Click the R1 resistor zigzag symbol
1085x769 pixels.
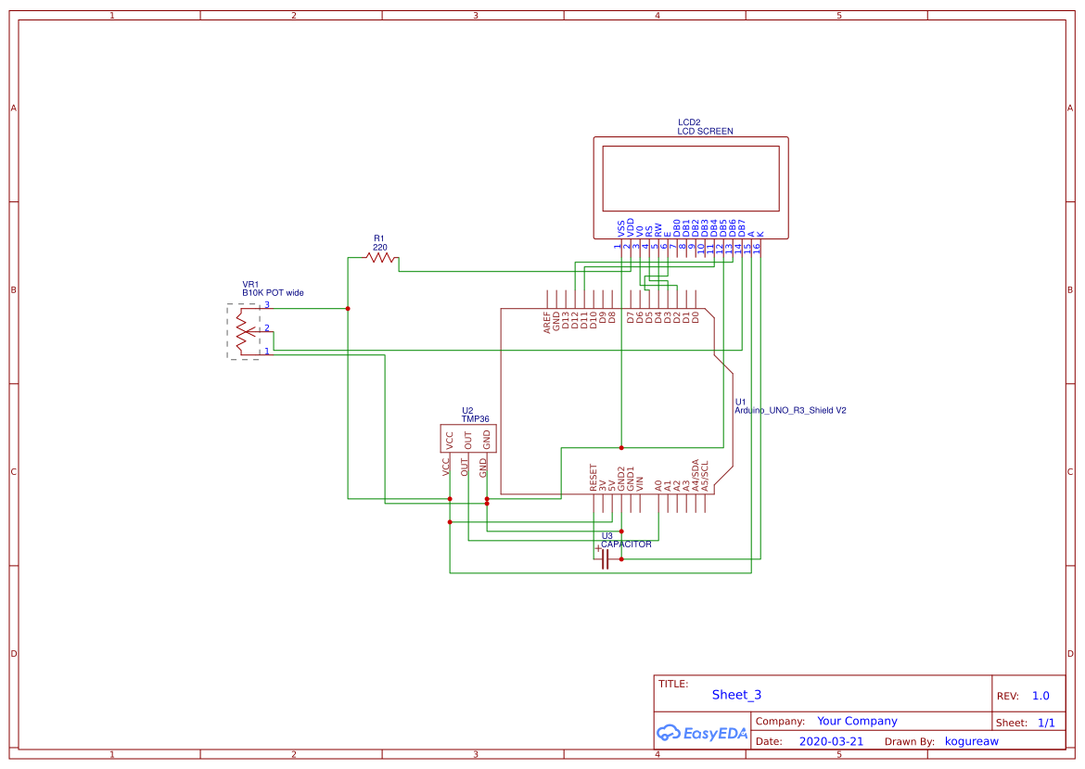click(x=381, y=258)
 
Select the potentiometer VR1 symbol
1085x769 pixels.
click(x=244, y=331)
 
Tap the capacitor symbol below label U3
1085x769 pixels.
click(x=605, y=559)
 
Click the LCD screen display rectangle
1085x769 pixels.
click(x=691, y=178)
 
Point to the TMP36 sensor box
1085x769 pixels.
click(x=467, y=439)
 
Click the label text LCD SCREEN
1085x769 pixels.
click(x=705, y=132)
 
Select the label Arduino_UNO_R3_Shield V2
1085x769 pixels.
click(x=790, y=409)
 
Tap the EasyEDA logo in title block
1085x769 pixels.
click(x=701, y=733)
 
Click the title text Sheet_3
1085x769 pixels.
click(x=736, y=695)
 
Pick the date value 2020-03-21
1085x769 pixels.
click(x=831, y=741)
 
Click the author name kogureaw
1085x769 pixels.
click(x=971, y=741)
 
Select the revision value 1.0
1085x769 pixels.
click(x=1040, y=696)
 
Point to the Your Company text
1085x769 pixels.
click(x=857, y=721)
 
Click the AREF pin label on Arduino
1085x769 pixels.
click(x=547, y=323)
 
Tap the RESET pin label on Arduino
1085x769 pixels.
click(x=594, y=479)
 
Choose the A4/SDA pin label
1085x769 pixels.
click(x=696, y=475)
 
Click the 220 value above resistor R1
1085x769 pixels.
click(x=380, y=248)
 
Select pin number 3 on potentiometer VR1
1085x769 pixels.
click(x=267, y=304)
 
